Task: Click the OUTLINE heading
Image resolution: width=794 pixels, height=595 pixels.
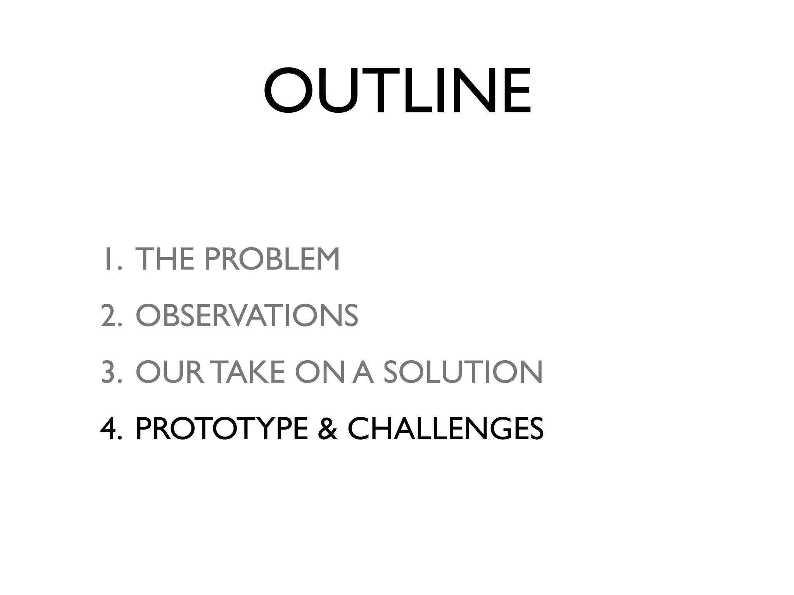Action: tap(397, 91)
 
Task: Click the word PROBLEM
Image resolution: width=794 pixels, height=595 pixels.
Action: tap(272, 259)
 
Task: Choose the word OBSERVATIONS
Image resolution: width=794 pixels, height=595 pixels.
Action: tap(247, 316)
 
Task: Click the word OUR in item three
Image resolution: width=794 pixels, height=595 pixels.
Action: tap(169, 372)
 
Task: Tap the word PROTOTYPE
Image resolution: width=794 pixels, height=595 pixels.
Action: tap(222, 429)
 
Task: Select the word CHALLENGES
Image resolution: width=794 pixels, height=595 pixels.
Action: tap(445, 429)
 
